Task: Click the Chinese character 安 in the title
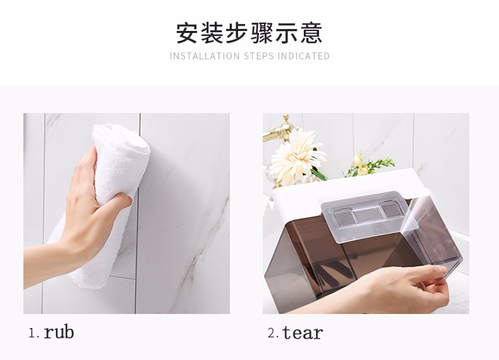(x=188, y=32)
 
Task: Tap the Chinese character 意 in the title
(x=311, y=32)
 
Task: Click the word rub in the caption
(x=59, y=331)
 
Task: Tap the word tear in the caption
(x=303, y=331)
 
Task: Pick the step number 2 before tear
(x=272, y=333)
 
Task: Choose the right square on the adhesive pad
(x=391, y=211)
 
